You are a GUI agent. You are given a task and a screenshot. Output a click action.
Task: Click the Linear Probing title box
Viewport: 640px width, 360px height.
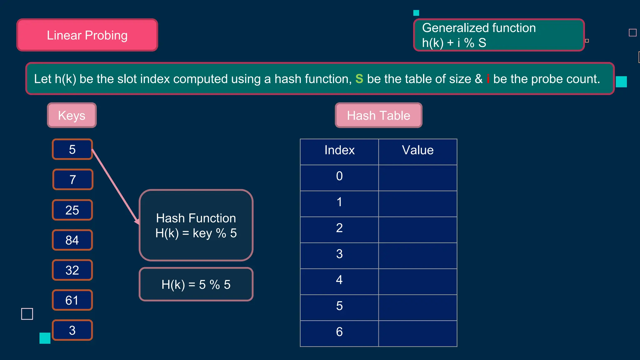pos(87,35)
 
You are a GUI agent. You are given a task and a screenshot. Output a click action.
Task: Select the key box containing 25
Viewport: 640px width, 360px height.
pos(72,210)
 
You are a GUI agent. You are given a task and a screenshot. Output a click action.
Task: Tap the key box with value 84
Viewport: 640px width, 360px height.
pos(72,240)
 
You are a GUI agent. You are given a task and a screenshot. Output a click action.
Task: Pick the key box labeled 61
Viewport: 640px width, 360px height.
pos(72,300)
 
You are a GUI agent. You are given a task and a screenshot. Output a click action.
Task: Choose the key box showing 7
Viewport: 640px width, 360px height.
pos(73,180)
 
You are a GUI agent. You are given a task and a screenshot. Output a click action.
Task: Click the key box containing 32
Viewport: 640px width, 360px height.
pos(72,270)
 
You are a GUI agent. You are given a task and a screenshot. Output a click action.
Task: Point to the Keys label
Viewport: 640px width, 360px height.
pos(72,115)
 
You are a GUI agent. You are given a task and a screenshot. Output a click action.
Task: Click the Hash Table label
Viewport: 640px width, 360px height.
pos(378,115)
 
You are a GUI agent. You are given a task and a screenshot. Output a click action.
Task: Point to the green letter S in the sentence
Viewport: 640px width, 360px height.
pos(359,79)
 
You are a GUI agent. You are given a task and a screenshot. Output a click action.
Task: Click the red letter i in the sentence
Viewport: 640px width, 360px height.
pos(488,79)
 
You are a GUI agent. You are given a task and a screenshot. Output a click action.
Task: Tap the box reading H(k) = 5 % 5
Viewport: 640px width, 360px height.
pos(196,284)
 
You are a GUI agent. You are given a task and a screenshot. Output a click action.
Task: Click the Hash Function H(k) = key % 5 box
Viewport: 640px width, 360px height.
pos(196,225)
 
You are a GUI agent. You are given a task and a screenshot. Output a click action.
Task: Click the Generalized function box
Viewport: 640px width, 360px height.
pos(499,35)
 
